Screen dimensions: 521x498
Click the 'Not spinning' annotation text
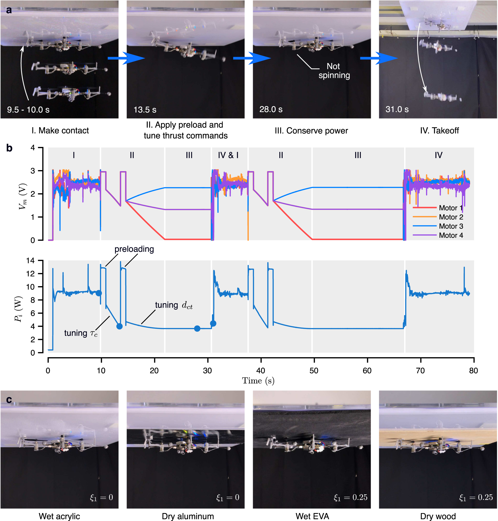[334, 71]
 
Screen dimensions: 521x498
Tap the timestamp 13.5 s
[145, 110]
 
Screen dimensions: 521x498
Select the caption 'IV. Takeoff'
[439, 131]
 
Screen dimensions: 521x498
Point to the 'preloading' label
[134, 249]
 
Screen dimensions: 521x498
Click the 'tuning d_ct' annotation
[174, 305]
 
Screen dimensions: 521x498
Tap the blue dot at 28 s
[197, 328]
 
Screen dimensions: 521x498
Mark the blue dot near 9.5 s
[99, 293]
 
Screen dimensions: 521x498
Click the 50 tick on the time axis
[314, 371]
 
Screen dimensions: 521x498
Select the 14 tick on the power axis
[31, 260]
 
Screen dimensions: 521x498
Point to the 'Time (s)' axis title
[258, 381]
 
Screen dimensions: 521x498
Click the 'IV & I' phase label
[228, 155]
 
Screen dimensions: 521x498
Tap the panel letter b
[9, 148]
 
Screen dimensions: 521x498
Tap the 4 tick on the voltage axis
[33, 148]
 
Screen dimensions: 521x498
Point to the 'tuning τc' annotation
[81, 333]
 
